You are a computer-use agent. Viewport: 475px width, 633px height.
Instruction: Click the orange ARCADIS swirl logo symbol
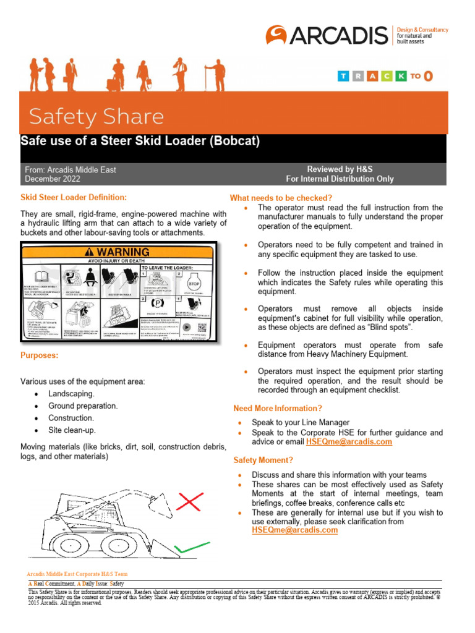(x=276, y=35)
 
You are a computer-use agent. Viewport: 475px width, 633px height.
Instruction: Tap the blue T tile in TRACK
(x=343, y=76)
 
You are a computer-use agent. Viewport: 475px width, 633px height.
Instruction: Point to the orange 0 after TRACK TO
(x=428, y=76)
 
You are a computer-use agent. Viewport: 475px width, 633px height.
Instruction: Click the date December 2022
(x=53, y=179)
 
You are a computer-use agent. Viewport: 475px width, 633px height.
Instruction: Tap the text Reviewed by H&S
(x=340, y=169)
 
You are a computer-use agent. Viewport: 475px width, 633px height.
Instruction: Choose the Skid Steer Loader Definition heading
(x=74, y=197)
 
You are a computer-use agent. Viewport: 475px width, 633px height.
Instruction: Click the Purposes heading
(x=40, y=356)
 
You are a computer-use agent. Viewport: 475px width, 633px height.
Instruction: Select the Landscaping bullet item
(x=71, y=394)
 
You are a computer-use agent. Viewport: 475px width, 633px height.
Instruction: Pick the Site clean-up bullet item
(x=72, y=430)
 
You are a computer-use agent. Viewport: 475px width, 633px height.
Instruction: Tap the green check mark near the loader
(x=191, y=547)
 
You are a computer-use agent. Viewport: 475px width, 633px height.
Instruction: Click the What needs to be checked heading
(x=281, y=198)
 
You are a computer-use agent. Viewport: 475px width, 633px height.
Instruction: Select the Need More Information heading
(x=278, y=409)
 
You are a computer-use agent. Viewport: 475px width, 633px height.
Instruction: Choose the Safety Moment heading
(x=263, y=461)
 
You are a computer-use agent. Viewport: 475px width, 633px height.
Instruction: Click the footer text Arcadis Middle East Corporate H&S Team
(x=77, y=574)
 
